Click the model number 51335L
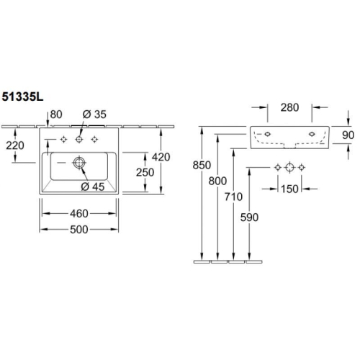(x=22, y=96)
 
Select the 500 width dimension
(x=79, y=230)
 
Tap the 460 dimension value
(x=79, y=214)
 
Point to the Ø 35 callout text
(x=94, y=114)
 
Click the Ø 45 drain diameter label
(x=93, y=186)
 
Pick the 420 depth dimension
(x=161, y=157)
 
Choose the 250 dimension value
(x=145, y=172)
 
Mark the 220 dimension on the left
(x=15, y=145)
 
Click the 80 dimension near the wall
(x=56, y=114)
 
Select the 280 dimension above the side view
(x=289, y=107)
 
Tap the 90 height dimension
(x=348, y=135)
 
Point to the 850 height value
(x=202, y=165)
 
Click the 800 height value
(x=217, y=181)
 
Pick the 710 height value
(x=233, y=197)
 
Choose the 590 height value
(x=249, y=217)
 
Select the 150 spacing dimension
(x=289, y=189)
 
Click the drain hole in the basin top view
(x=79, y=163)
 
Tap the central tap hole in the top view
(x=79, y=139)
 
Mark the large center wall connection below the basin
(x=289, y=167)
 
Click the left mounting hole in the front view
(x=267, y=134)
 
